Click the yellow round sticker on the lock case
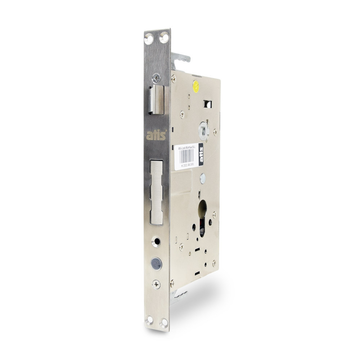click(196, 86)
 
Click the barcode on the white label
click(187, 156)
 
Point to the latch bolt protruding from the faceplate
click(157, 100)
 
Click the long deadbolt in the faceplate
click(157, 192)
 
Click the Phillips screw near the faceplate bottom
click(156, 284)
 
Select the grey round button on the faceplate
click(156, 264)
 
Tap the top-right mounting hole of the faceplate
click(164, 37)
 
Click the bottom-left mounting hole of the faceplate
click(149, 319)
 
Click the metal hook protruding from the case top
click(180, 58)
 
